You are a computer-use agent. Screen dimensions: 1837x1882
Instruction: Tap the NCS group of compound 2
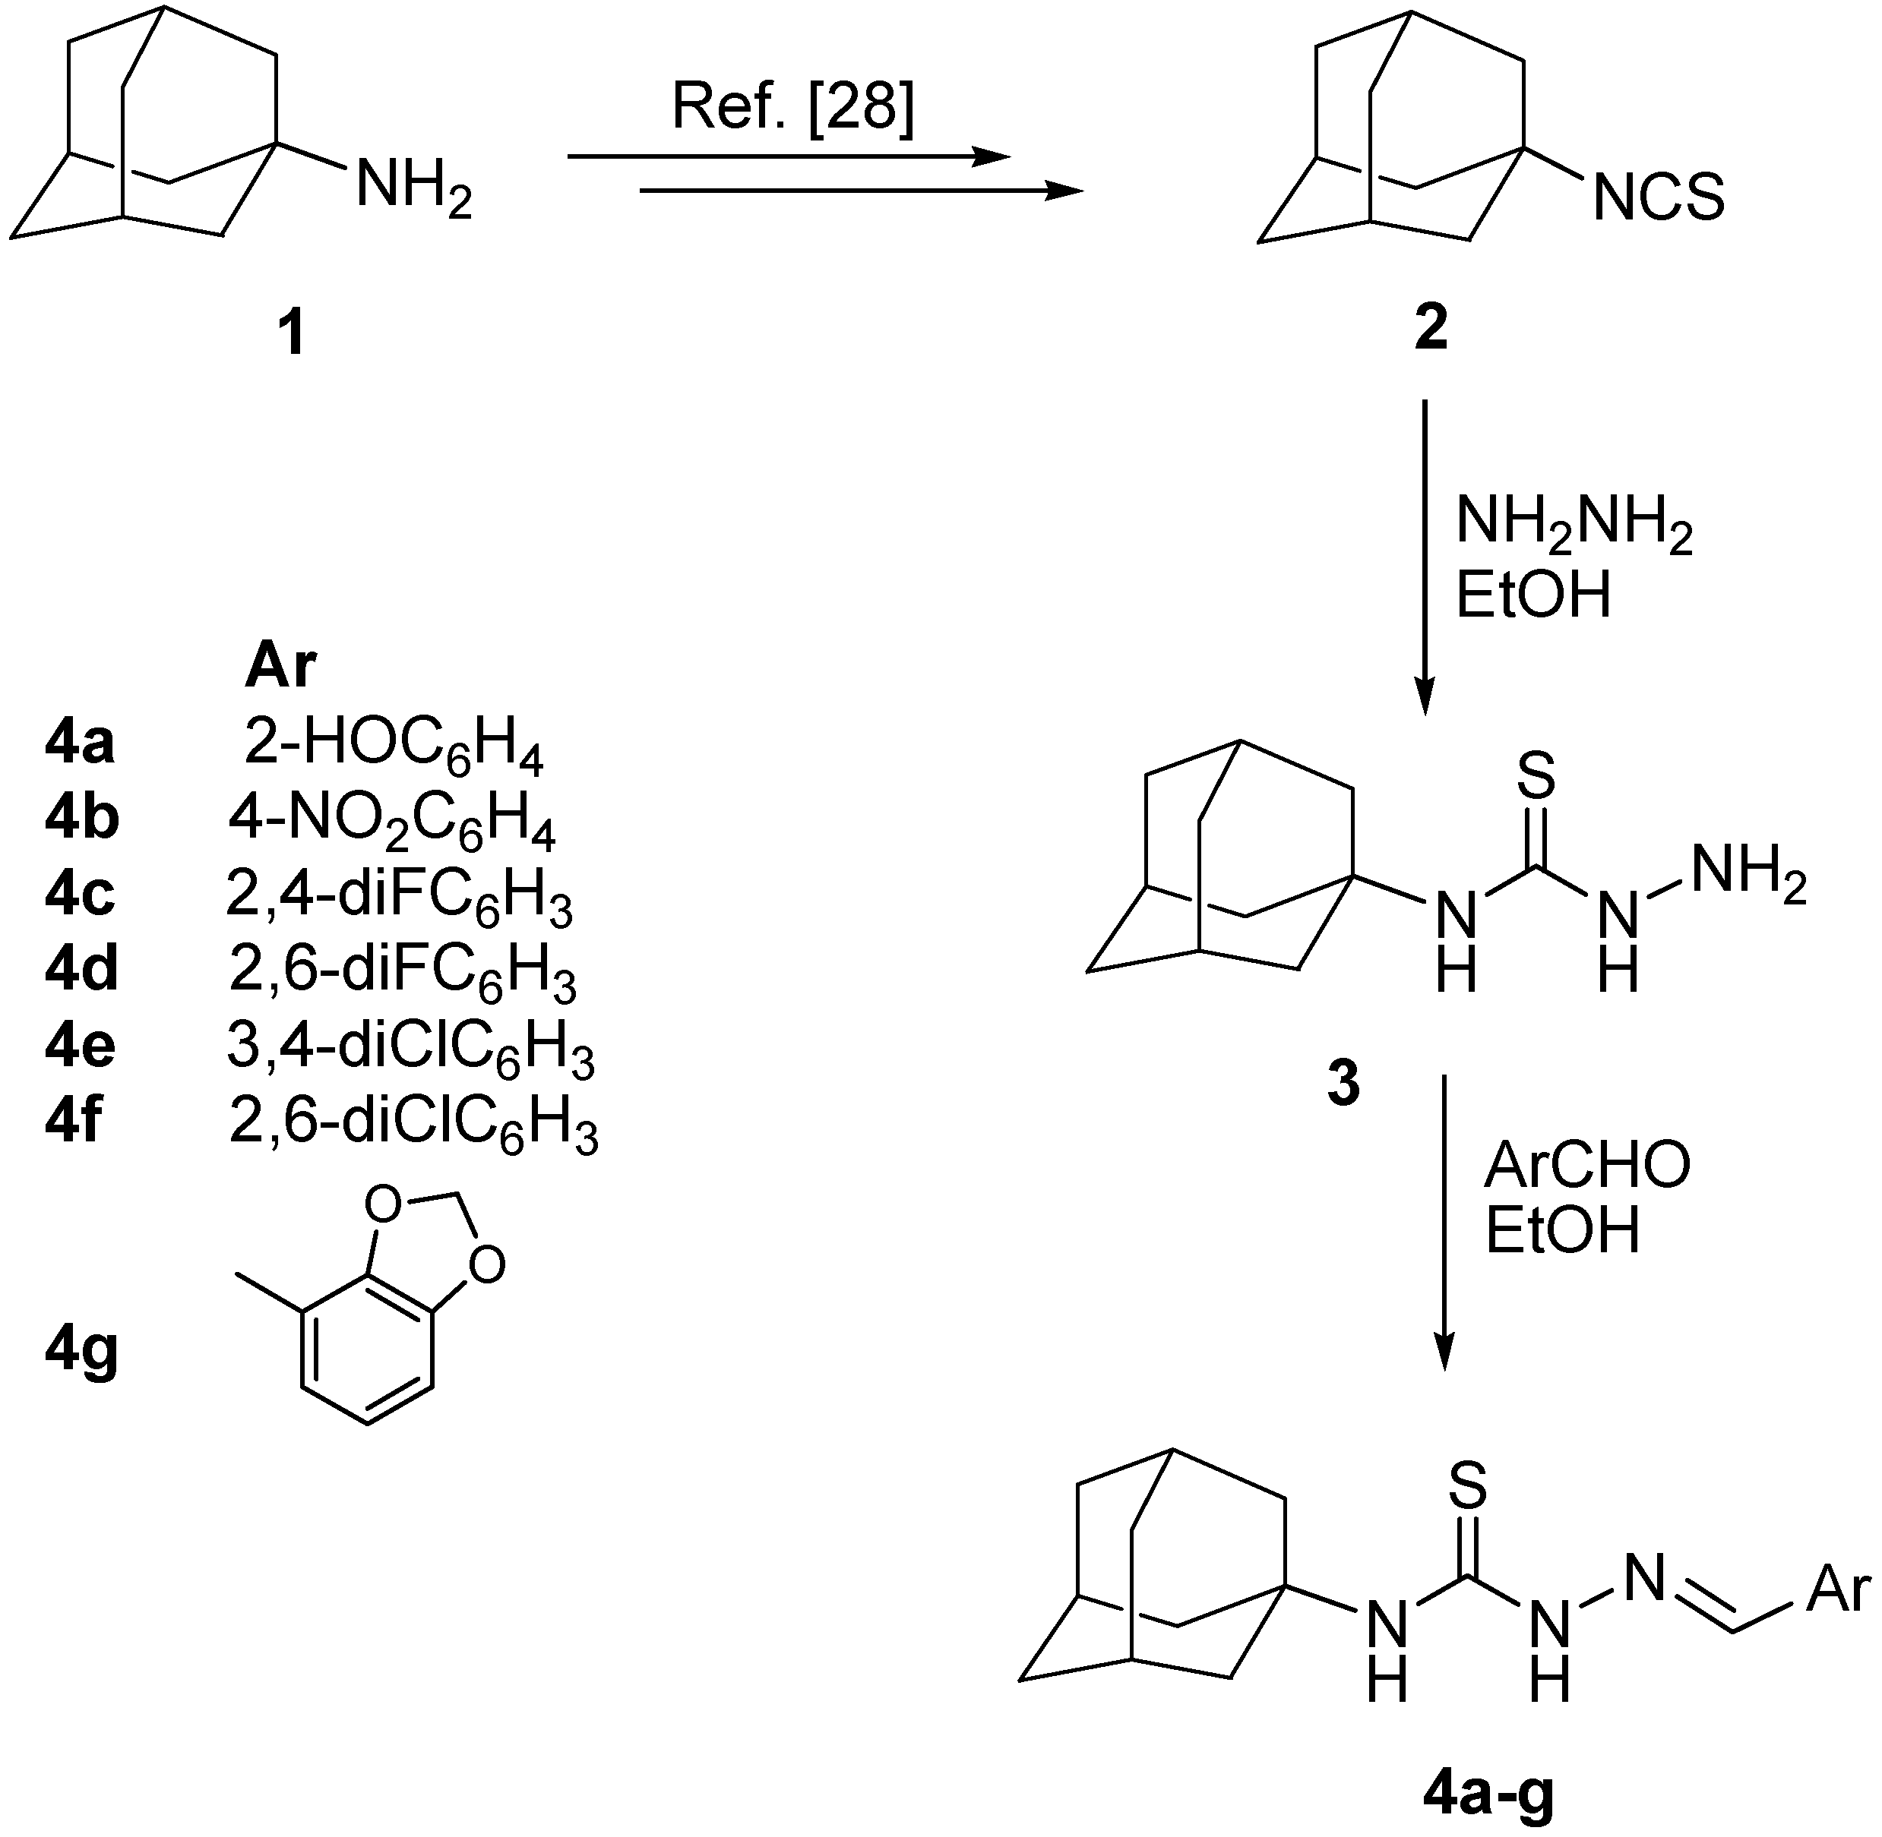tap(1658, 197)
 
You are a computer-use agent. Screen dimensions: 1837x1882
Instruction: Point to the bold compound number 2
tap(1431, 329)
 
